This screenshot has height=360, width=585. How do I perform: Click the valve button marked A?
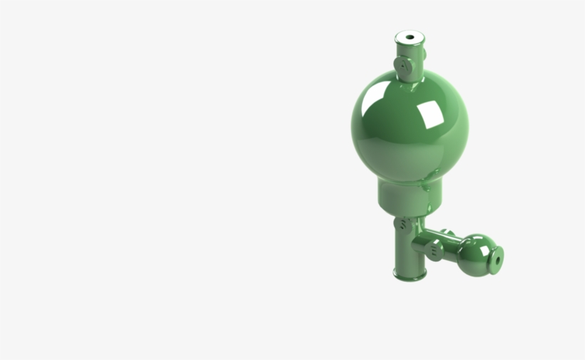tap(405, 66)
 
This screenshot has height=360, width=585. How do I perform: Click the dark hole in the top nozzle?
tap(410, 38)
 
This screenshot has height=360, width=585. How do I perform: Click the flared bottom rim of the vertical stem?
tap(409, 274)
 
